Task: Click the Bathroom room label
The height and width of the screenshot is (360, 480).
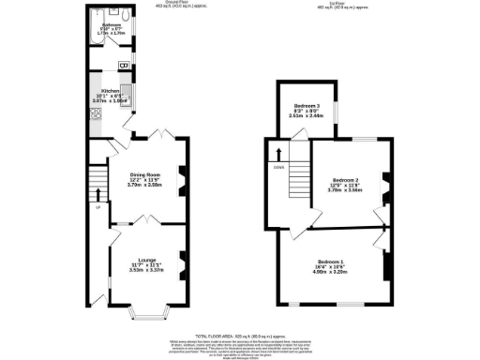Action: [x=112, y=26]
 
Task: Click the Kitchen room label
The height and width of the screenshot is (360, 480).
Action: [x=112, y=95]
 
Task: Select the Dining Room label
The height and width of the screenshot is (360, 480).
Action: [x=145, y=176]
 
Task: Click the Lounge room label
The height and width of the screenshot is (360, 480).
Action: [x=146, y=260]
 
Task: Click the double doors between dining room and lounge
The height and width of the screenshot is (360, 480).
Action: [x=145, y=220]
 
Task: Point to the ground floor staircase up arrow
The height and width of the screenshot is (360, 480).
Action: [x=98, y=195]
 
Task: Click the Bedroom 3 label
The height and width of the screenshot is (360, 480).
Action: [x=307, y=106]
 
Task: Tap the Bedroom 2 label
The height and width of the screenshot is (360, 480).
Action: [x=346, y=179]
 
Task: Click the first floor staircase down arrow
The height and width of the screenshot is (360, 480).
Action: [x=277, y=153]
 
